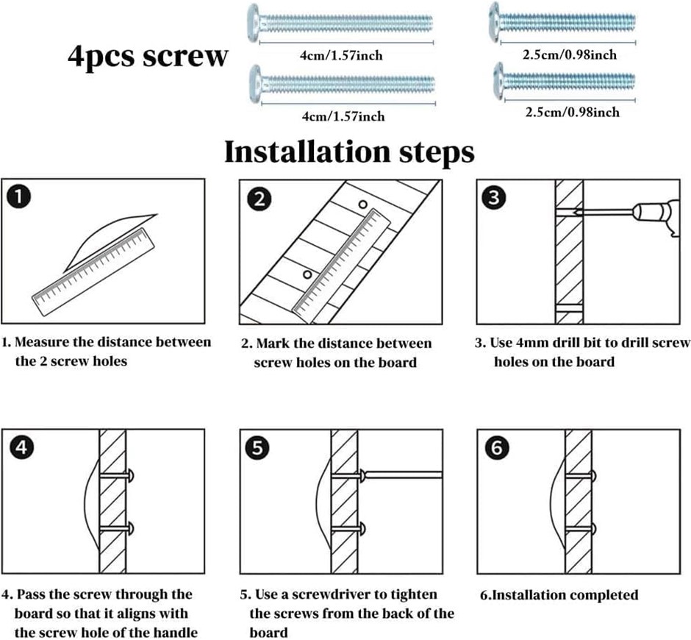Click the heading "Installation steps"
[348, 152]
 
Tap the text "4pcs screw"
[147, 57]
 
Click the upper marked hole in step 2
[362, 204]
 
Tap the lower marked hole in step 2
[307, 274]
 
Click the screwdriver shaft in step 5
[404, 474]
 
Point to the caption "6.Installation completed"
[559, 595]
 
